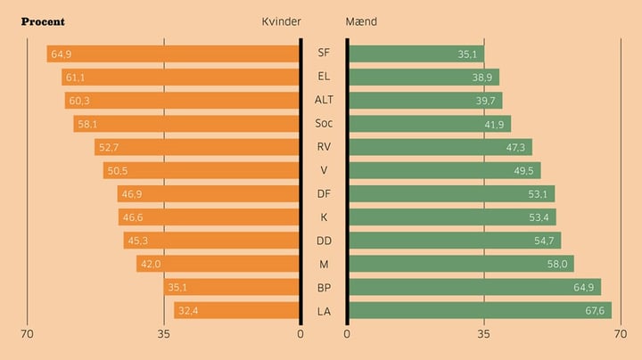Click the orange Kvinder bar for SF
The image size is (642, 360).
coord(174,54)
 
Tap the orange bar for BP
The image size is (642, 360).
coord(232,287)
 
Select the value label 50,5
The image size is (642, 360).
coord(118,171)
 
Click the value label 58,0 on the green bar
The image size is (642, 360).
coord(558,264)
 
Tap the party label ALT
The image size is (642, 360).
coord(324,100)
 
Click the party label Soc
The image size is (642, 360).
coord(324,123)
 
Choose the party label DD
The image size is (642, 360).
coord(324,241)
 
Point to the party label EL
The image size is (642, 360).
coord(324,77)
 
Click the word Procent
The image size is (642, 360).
coord(43,21)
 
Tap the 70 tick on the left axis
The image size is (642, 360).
coord(27,334)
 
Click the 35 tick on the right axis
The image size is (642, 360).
coord(483,334)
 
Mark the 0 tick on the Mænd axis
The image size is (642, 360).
coord(347,334)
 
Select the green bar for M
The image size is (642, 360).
coord(460,264)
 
